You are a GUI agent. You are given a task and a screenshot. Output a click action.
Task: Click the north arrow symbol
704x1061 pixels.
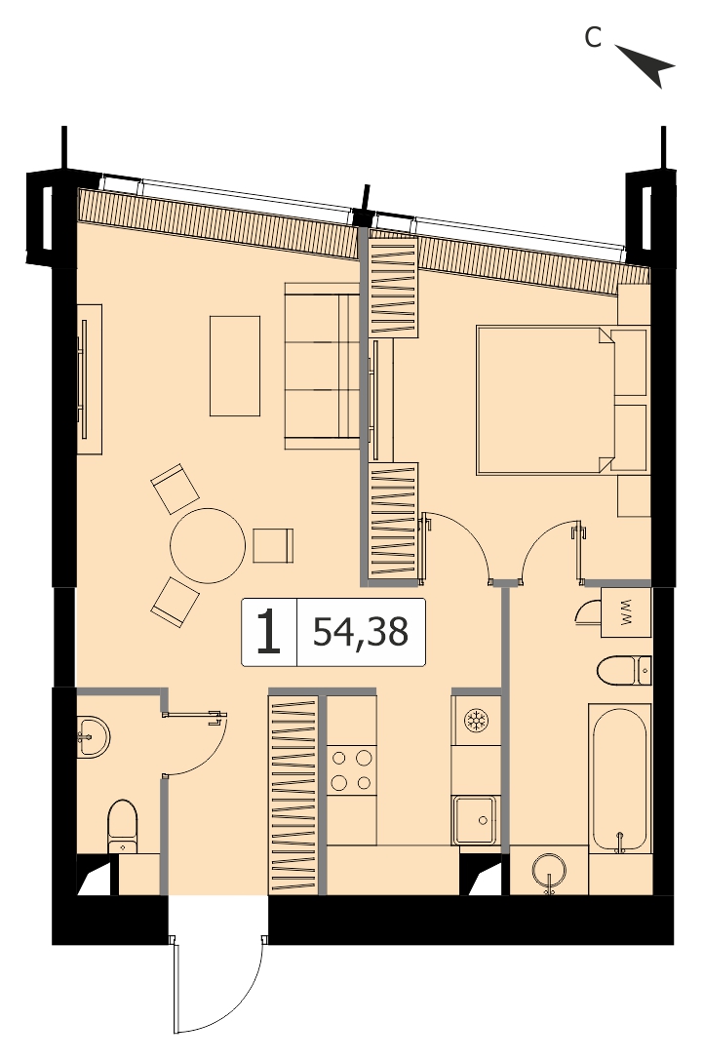pos(647,65)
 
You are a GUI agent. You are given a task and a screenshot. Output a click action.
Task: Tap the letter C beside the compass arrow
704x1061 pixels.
pos(593,38)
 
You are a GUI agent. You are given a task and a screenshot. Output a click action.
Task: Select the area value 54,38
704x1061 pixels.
pos(361,632)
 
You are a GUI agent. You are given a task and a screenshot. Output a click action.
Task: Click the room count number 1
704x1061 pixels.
pos(268,632)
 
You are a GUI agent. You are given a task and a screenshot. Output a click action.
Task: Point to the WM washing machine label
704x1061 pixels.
pos(625,611)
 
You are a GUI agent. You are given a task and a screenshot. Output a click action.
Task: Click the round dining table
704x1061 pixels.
pos(208,545)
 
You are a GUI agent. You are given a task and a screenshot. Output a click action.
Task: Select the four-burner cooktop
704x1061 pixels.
pos(351,769)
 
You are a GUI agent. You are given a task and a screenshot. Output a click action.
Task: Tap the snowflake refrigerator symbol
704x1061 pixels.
pos(476,720)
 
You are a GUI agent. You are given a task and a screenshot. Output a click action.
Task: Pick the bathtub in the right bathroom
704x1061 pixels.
pos(619,778)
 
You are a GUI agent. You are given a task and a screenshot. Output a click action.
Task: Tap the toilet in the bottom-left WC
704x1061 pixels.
pos(123,826)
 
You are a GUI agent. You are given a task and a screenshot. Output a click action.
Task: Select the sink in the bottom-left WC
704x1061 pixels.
pos(92,735)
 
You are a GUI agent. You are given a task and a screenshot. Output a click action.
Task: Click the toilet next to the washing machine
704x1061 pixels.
pos(623,670)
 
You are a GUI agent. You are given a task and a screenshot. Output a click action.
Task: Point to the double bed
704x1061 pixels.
pos(562,400)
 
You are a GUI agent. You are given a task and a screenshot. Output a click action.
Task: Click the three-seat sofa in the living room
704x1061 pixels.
pos(322,366)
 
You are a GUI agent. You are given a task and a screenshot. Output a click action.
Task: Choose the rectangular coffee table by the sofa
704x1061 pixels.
pos(235,366)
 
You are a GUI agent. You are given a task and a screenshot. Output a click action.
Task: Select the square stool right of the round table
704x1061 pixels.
pos(273,545)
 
